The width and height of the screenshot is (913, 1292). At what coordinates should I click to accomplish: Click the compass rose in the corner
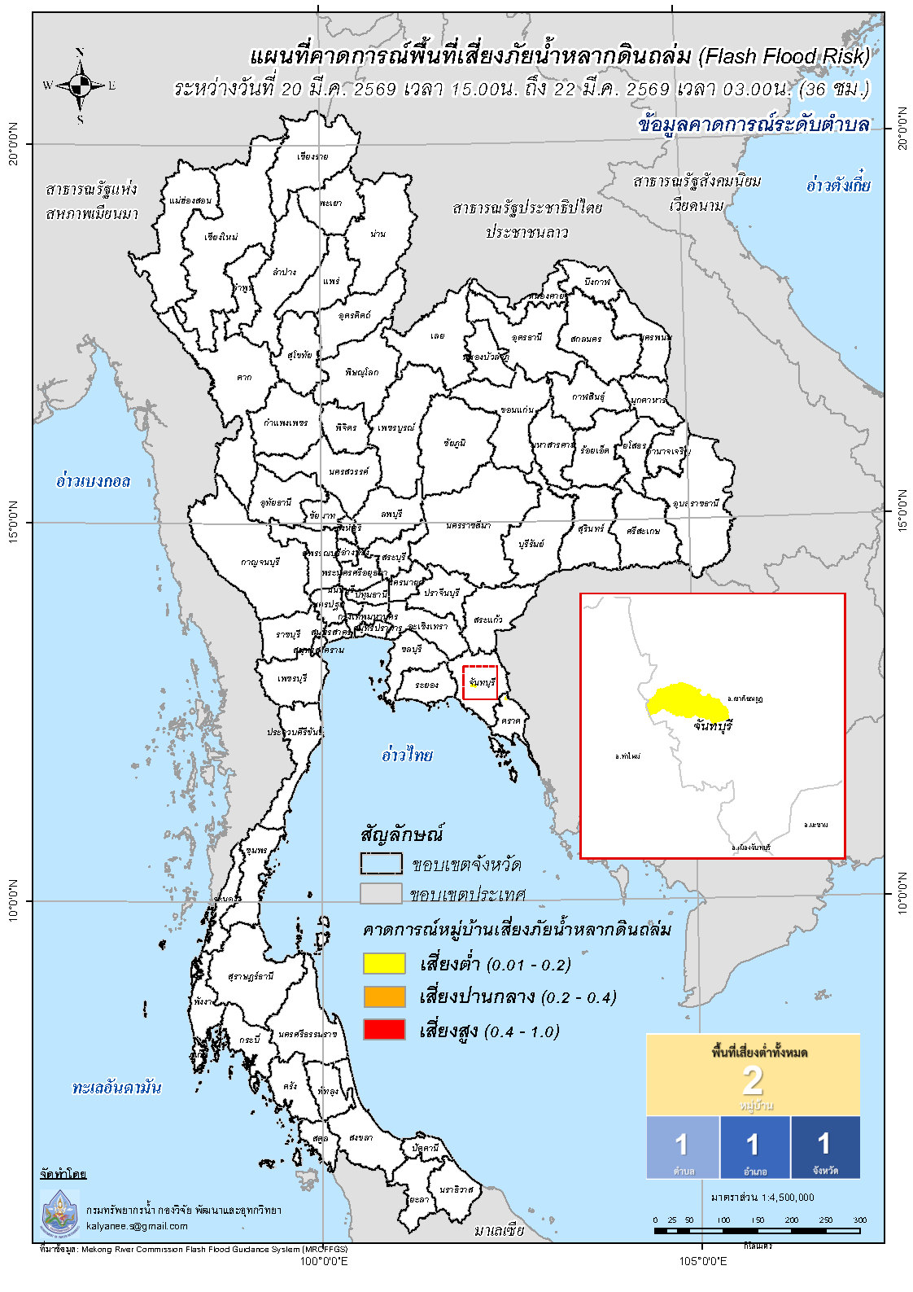80,85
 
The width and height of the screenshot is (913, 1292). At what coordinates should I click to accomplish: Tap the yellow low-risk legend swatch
383,963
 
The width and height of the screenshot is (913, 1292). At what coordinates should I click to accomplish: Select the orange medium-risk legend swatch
383,996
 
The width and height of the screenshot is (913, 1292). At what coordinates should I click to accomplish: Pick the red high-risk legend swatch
383,1030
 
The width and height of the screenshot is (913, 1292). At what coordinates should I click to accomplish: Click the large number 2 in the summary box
752,1080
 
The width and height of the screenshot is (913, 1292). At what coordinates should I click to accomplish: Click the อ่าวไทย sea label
407,755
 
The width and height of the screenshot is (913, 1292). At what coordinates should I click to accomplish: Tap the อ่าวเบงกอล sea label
93,480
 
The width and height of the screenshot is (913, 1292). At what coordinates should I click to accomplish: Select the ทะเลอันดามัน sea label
116,1087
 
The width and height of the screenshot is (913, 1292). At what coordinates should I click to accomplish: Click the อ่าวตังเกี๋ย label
838,185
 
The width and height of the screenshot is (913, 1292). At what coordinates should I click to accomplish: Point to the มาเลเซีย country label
500,1229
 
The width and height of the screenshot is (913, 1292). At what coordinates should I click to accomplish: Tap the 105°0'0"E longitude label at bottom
702,1261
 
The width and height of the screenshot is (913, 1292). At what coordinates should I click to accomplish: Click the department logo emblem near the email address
60,1211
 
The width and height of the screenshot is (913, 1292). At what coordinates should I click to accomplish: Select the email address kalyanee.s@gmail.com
137,1225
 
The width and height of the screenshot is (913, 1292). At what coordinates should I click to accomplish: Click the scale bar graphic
757,1230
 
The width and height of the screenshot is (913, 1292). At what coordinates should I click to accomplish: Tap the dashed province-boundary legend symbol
381,863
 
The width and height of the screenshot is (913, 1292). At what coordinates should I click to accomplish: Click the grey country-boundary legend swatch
381,893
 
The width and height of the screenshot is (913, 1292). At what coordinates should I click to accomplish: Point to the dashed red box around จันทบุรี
480,682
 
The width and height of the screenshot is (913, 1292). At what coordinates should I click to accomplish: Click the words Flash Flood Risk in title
783,56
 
